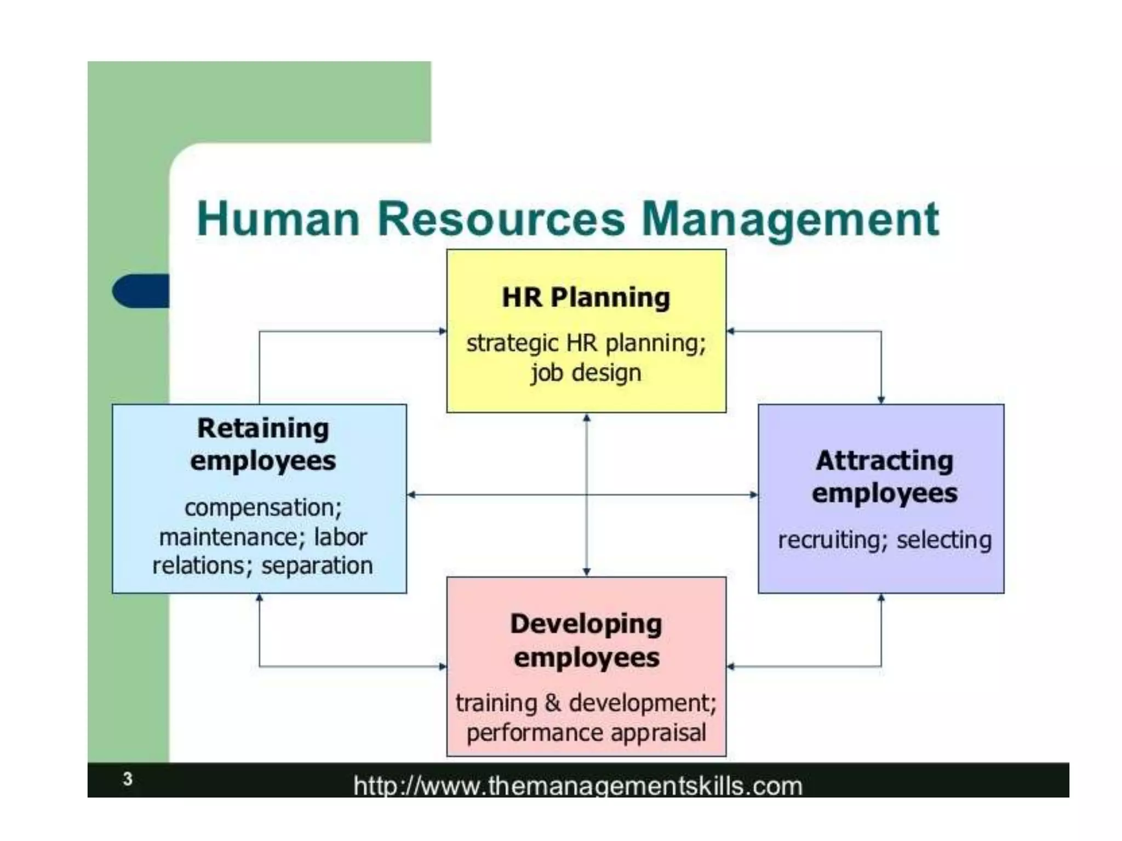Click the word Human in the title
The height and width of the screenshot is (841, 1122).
278,219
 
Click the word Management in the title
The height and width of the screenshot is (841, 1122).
790,219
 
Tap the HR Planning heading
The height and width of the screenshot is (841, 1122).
586,298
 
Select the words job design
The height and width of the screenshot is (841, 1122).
586,373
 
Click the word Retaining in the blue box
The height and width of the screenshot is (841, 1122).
263,428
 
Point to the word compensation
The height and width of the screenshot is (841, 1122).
263,508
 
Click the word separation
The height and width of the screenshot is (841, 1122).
317,566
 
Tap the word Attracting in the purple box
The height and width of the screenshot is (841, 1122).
884,460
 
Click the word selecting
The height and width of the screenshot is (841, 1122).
944,540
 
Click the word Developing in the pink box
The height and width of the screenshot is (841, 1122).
586,624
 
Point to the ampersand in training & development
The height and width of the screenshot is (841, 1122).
553,703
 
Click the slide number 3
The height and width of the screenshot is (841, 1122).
128,779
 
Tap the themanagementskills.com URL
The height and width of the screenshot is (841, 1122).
577,786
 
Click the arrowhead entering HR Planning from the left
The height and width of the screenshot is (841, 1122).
443,331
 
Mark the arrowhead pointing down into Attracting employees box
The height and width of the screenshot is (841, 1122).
881,400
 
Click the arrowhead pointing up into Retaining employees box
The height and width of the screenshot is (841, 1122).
260,598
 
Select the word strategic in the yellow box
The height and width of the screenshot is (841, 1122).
512,344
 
